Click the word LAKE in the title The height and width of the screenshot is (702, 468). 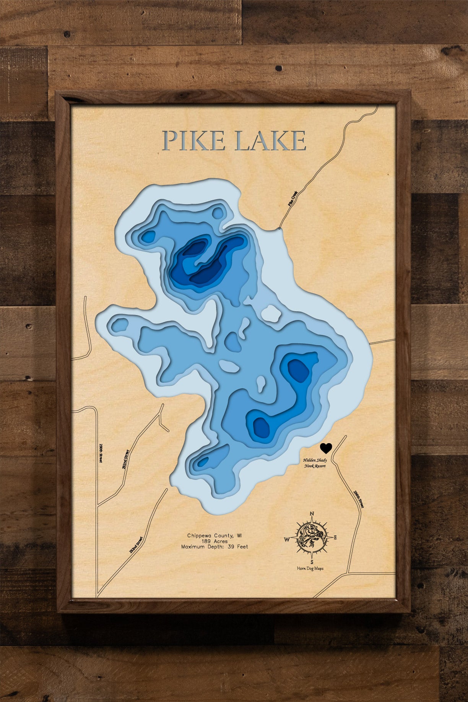pyautogui.click(x=270, y=141)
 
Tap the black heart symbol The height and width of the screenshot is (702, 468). pyautogui.click(x=326, y=448)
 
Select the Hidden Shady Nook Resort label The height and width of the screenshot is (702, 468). pyautogui.click(x=315, y=463)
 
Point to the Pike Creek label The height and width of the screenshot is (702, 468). pyautogui.click(x=292, y=199)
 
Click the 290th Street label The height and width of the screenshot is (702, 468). pyautogui.click(x=101, y=453)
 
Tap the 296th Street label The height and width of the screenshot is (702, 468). pyautogui.click(x=358, y=499)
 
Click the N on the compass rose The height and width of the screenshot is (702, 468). pyautogui.click(x=312, y=513)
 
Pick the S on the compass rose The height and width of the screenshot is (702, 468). pyautogui.click(x=312, y=562)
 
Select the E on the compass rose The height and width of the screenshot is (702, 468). pyautogui.click(x=335, y=538)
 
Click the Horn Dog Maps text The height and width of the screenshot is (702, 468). pyautogui.click(x=310, y=569)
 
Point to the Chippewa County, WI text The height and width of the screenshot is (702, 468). pyautogui.click(x=214, y=536)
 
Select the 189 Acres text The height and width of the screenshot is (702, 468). pyautogui.click(x=214, y=541)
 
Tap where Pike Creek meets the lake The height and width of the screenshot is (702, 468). pyautogui.click(x=279, y=229)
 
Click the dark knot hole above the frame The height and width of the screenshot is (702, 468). pyautogui.click(x=279, y=68)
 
